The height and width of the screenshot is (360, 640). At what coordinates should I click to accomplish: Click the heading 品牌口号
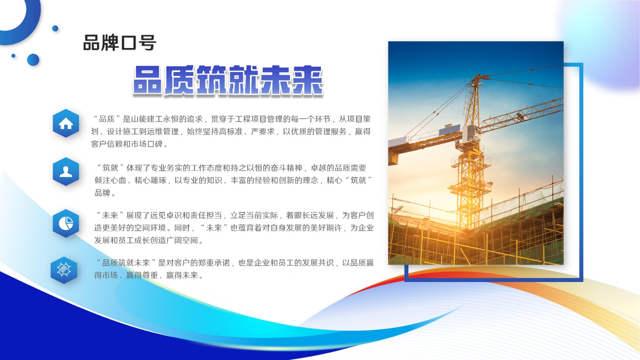(x=119, y=43)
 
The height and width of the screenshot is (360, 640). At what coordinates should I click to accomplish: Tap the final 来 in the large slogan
(x=307, y=80)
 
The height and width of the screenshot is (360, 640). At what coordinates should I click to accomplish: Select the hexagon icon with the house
(x=66, y=124)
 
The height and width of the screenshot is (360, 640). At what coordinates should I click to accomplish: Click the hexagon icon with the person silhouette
(x=66, y=172)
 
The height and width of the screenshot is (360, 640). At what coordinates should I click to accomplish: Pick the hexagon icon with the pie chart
(x=66, y=223)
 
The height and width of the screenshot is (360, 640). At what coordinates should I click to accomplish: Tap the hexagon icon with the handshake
(x=64, y=270)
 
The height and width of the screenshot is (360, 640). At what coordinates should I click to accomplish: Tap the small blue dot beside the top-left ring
(x=55, y=28)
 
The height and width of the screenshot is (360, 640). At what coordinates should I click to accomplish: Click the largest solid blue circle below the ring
(x=33, y=60)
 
